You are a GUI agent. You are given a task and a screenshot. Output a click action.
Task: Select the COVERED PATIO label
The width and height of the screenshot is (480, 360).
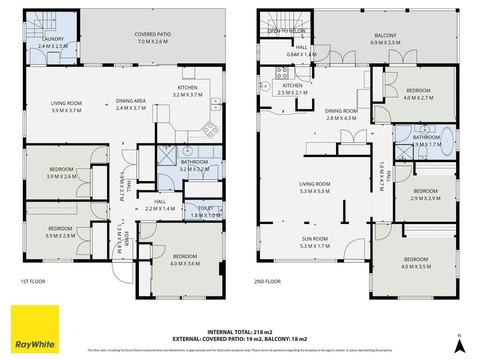click(153, 34)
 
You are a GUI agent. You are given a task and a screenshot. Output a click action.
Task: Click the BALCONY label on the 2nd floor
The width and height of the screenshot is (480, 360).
click(385, 35)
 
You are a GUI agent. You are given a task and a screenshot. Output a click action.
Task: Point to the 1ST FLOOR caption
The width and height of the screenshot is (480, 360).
click(33, 282)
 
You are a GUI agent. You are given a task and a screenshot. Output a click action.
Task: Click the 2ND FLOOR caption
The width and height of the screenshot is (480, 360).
click(267, 282)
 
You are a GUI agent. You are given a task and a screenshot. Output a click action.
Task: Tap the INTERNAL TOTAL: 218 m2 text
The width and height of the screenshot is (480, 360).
click(240, 332)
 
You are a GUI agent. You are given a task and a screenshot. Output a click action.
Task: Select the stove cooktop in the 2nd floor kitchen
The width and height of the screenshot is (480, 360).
click(282, 73)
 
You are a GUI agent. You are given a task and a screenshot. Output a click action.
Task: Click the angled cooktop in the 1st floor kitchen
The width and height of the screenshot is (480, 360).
click(210, 130)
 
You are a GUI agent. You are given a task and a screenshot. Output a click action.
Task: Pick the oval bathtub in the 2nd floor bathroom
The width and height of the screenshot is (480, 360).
click(447, 141)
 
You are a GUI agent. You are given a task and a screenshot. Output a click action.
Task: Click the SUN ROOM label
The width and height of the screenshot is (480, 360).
click(315, 239)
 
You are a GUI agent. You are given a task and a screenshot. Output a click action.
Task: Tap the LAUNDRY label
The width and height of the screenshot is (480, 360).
click(53, 39)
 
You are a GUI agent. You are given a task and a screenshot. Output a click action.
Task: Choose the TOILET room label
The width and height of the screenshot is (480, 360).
click(205, 208)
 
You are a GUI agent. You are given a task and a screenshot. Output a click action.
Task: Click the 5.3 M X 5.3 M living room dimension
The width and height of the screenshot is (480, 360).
click(315, 191)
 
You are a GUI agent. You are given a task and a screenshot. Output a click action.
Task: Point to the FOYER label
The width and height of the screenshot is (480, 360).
click(126, 239)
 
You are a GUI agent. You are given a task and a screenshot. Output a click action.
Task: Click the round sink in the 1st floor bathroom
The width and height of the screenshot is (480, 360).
click(188, 151)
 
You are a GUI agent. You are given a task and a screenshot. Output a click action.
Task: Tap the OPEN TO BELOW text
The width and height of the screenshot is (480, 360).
click(286, 31)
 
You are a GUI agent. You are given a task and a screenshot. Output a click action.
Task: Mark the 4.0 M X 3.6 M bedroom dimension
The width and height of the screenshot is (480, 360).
click(185, 264)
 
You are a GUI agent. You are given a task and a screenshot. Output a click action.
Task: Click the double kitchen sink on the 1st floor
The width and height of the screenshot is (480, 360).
click(216, 104)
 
